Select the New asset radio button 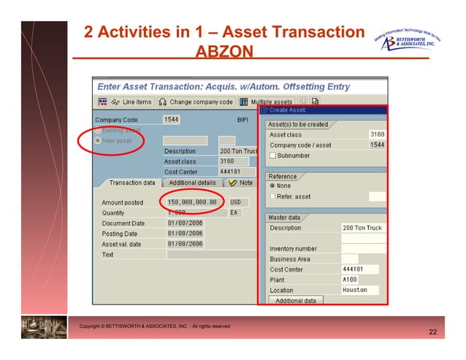point(99,140)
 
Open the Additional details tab point(192,183)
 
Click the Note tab point(241,183)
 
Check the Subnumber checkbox point(272,156)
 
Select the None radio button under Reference point(272,185)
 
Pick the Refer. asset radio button point(272,196)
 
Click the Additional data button point(295,301)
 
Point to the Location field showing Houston point(359,290)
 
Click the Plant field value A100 point(359,280)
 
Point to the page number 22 point(432,333)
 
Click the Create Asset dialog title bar point(321,110)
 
